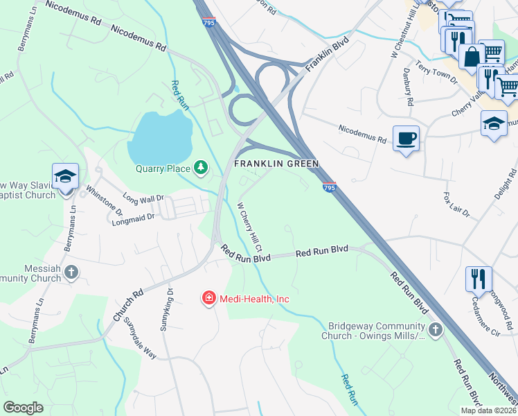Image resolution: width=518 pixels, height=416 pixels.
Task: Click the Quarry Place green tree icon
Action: [x=201, y=167]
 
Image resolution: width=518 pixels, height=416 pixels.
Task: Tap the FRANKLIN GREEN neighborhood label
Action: [x=276, y=164]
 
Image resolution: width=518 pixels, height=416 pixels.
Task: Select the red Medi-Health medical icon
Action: [x=208, y=298]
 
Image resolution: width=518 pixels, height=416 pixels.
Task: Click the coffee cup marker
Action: [x=406, y=137]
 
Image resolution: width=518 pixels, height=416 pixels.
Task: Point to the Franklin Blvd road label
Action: [x=325, y=54]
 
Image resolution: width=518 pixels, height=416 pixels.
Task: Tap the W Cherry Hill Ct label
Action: [x=250, y=227]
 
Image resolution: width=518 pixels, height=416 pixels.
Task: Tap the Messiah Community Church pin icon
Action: [x=71, y=273]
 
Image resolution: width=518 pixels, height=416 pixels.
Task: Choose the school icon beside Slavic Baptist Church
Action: [x=65, y=176]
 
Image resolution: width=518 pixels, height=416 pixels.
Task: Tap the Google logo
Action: [x=23, y=407]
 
